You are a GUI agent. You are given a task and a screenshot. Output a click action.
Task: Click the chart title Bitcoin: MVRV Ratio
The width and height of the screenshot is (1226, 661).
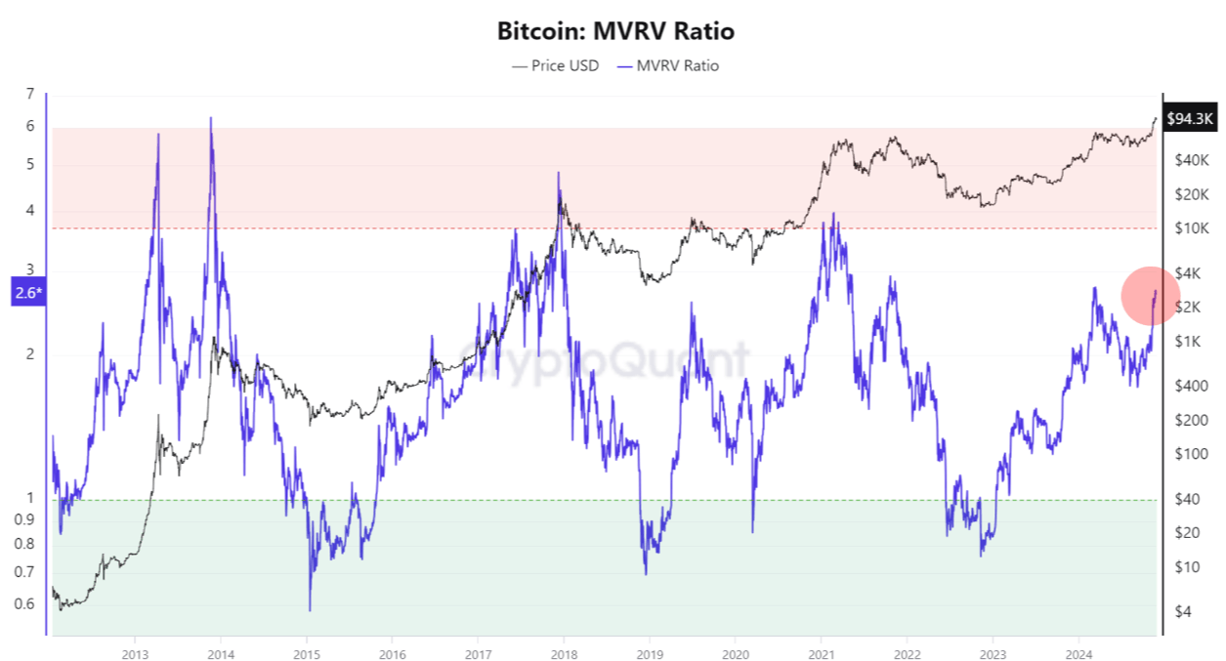(615, 31)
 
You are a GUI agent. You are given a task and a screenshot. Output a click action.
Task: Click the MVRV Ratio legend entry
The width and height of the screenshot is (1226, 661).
(667, 65)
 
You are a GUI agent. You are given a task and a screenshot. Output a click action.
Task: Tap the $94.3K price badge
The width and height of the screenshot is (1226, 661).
(1190, 119)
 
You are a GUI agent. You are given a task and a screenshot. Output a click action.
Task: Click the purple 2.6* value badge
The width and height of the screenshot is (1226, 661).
(27, 292)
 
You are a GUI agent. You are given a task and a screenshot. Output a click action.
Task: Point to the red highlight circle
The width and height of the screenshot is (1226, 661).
(1150, 295)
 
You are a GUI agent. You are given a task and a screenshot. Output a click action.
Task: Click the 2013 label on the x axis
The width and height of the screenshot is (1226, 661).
(136, 652)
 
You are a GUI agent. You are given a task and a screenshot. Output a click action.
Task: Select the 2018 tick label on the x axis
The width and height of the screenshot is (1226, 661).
(564, 652)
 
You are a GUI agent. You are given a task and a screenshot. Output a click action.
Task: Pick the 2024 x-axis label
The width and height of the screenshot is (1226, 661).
(1078, 652)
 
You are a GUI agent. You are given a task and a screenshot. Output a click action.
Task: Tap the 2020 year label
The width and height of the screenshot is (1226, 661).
(736, 652)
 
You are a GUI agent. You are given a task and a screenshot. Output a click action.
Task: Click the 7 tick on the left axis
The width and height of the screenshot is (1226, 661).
(30, 94)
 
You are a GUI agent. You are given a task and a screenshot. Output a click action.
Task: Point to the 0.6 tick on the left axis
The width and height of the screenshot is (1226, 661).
(24, 603)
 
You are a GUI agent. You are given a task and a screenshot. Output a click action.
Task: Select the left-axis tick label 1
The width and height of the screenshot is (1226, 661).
(30, 498)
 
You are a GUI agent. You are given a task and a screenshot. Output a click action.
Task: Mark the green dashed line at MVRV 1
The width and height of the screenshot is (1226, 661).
(586, 501)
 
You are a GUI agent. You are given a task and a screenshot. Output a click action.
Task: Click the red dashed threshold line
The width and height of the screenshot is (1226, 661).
(586, 228)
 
